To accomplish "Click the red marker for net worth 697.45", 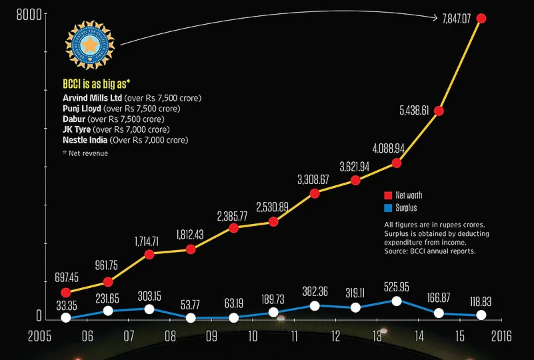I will coord(65,292).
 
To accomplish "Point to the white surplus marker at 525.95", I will coord(397,301).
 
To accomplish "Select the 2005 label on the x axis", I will coord(43,335).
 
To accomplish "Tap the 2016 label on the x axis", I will coord(501,335).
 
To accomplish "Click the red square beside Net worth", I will coord(388,196).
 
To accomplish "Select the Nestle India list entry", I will coord(85,140).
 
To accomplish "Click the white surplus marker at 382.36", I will coord(314,306).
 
